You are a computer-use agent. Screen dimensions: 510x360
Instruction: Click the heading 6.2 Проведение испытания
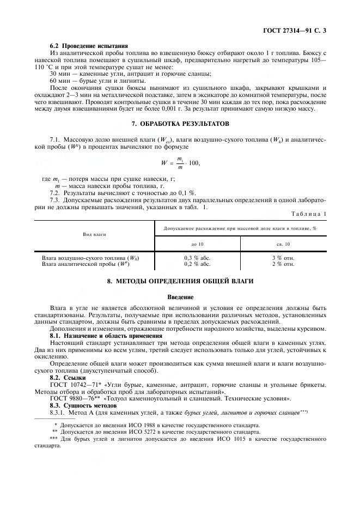click(x=88, y=46)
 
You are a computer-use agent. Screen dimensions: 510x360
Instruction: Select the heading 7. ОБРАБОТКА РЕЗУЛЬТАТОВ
click(x=180, y=124)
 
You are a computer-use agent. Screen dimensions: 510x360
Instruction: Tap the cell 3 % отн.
click(x=283, y=257)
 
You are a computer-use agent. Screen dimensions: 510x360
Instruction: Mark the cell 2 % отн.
click(x=283, y=264)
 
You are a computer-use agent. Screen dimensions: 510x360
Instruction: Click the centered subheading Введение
click(x=180, y=296)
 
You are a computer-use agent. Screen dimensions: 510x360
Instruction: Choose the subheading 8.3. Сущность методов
click(x=81, y=405)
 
